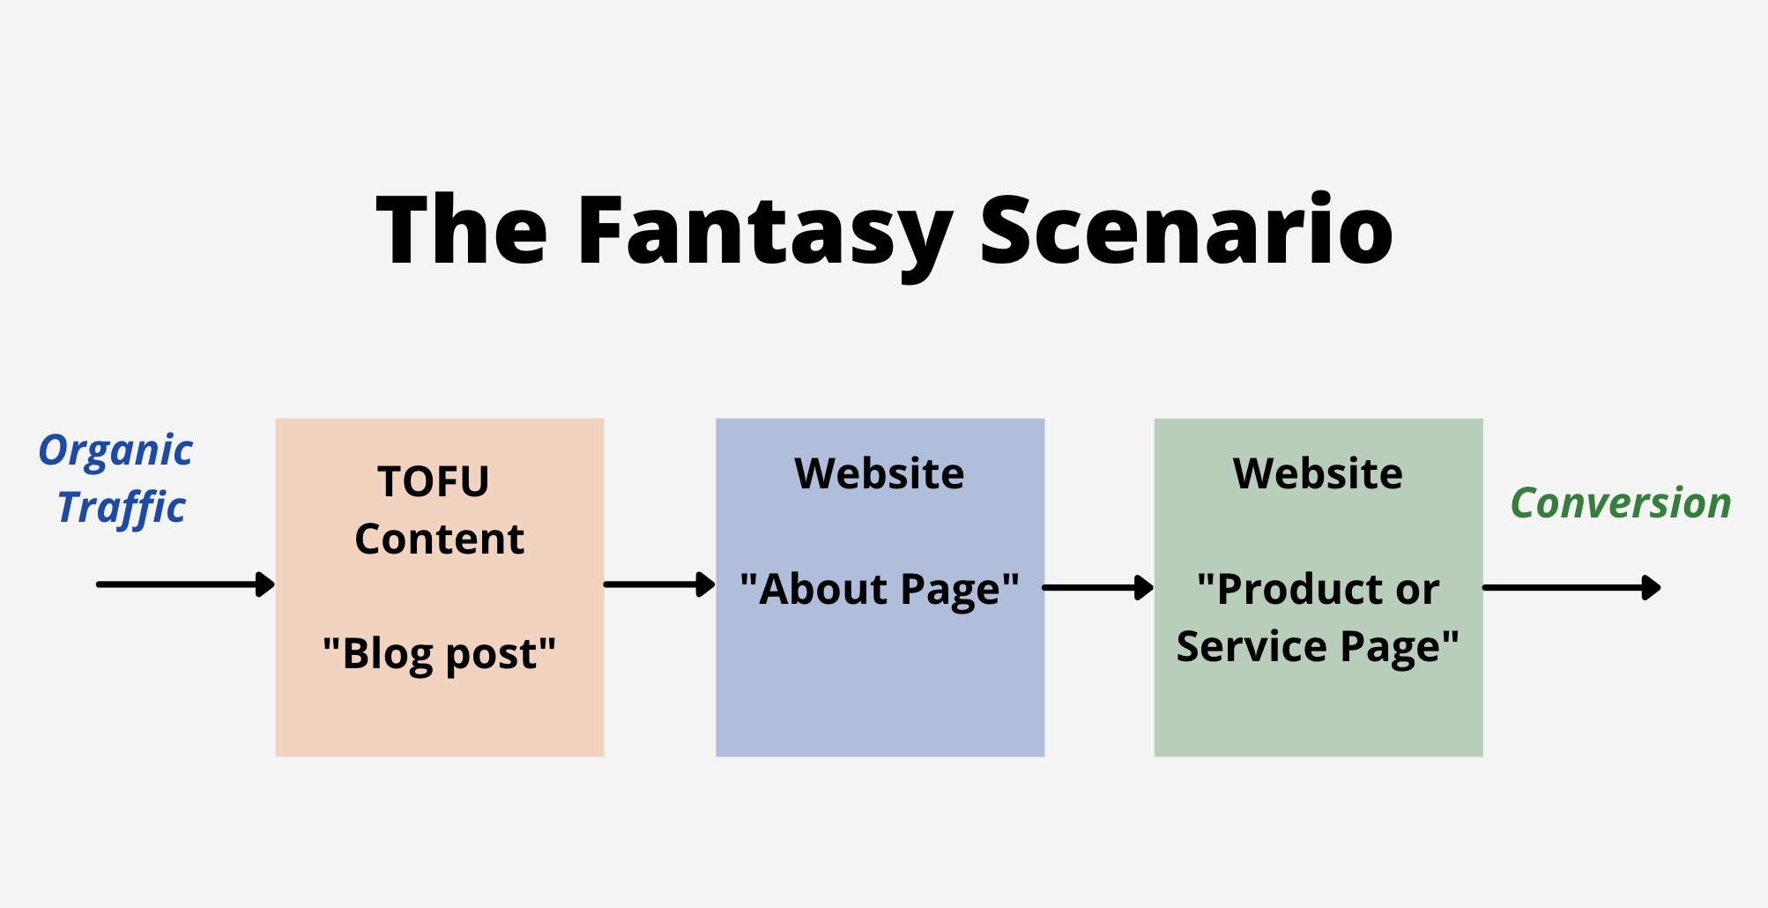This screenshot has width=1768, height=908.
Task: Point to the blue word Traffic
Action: point(122,509)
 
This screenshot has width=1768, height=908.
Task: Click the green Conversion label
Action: point(1621,503)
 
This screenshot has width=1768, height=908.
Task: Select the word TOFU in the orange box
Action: point(434,481)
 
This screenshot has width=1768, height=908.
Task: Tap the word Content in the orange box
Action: point(439,539)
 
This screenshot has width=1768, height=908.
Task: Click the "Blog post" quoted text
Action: point(439,654)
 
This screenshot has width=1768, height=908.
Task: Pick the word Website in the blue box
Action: point(880,473)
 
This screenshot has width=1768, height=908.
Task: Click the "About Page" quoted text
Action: point(880,589)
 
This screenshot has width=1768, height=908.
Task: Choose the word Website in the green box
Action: point(1318,473)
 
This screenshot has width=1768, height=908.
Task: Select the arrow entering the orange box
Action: point(186,584)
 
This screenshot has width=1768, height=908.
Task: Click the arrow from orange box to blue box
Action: point(659,584)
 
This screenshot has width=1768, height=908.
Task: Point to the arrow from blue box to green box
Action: point(1098,587)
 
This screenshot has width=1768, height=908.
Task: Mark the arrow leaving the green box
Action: point(1571,587)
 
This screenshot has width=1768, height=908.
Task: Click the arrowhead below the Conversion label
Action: point(1652,587)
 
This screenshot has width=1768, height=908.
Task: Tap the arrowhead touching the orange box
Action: point(265,584)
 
